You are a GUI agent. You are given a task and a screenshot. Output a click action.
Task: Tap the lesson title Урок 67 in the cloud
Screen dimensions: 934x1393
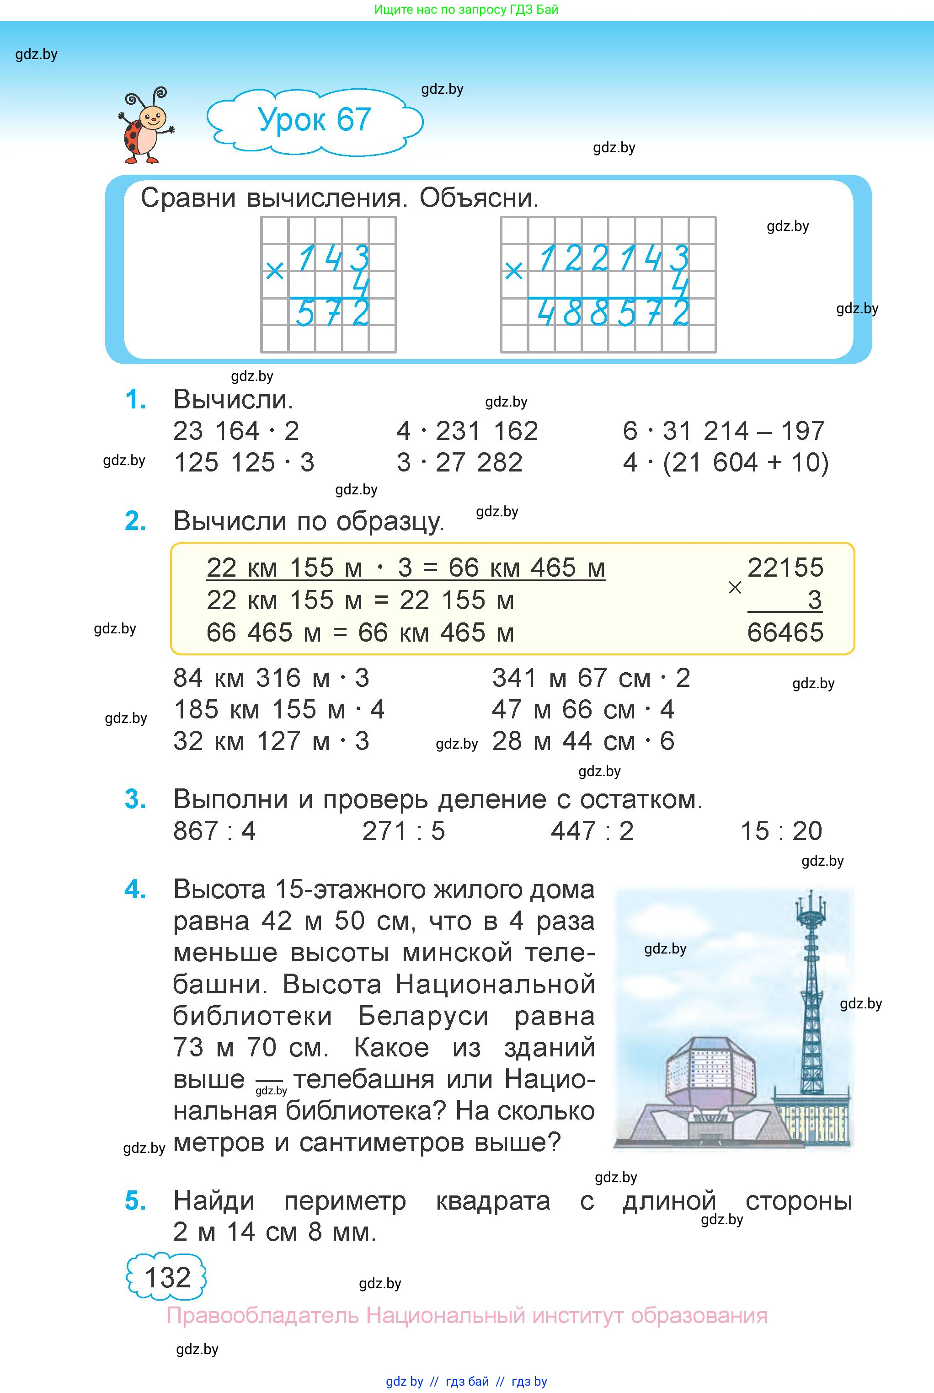pos(314,120)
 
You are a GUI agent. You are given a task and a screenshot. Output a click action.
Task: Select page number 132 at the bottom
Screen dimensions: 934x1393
pos(167,1277)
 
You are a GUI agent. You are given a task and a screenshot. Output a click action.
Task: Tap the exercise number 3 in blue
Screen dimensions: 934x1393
pos(135,799)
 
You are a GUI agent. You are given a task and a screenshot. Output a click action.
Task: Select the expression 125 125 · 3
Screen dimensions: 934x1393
pos(244,462)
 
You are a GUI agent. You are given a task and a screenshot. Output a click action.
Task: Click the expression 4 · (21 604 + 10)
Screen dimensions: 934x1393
pos(726,462)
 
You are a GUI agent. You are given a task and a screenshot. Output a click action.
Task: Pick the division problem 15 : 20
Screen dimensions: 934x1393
pos(781,830)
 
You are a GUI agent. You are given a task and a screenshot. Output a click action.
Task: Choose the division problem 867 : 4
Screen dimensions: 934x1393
pos(214,830)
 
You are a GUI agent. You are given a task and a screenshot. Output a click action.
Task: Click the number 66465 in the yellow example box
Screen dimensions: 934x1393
pos(785,632)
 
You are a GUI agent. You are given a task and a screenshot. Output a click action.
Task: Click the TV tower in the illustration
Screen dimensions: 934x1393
pos(811,1013)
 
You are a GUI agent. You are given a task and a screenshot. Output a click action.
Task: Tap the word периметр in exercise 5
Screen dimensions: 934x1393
pos(346,1200)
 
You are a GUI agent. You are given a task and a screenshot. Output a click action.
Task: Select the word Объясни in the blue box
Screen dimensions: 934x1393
pos(478,198)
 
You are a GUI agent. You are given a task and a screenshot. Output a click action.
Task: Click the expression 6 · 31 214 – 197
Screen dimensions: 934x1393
pos(724,431)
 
